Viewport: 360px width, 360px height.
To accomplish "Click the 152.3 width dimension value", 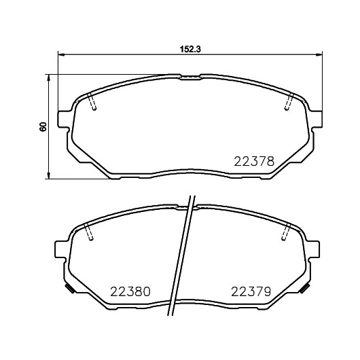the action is pos(190,49).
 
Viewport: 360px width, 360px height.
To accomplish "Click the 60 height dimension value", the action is pos(43,127).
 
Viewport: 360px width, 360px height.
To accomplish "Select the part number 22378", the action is pos(254,161).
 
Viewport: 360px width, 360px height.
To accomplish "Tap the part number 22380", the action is pos(130,291).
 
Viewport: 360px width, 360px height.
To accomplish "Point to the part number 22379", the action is pos(251,291).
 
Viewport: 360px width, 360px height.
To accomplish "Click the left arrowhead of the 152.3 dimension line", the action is pos(61,54).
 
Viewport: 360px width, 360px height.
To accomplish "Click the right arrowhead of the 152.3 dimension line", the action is pos(319,54).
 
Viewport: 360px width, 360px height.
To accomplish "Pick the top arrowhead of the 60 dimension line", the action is pos(48,78).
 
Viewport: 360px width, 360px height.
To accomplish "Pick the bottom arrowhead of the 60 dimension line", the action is pos(48,175).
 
